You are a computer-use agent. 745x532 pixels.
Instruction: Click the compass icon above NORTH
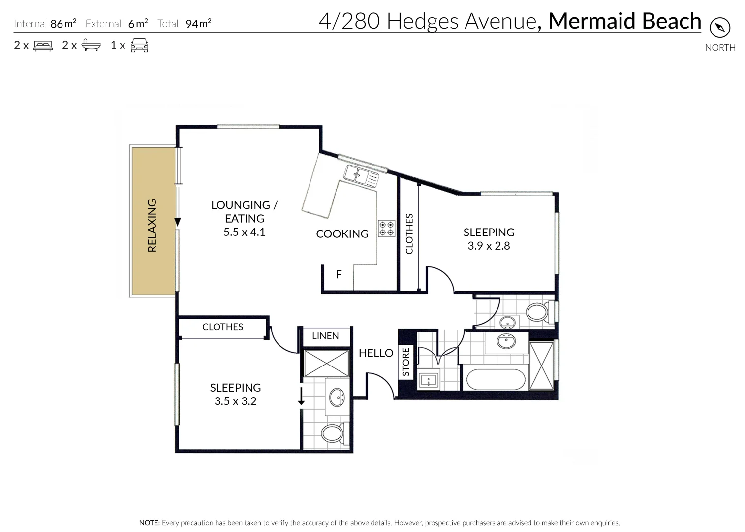click(720, 28)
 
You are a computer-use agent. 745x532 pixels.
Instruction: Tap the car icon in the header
click(139, 45)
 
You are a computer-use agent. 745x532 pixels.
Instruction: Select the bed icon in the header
click(43, 46)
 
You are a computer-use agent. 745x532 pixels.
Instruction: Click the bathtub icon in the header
click(91, 45)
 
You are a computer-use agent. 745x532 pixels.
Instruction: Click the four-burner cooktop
click(386, 229)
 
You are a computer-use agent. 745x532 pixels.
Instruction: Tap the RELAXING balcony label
click(152, 226)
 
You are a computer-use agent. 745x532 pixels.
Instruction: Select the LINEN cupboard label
click(325, 336)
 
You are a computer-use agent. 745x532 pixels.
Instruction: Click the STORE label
click(406, 362)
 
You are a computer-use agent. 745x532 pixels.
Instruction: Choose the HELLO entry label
click(376, 353)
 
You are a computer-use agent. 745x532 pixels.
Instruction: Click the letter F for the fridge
click(339, 275)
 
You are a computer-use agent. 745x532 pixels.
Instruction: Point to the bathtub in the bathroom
click(496, 379)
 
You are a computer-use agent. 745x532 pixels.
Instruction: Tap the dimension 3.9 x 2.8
click(489, 246)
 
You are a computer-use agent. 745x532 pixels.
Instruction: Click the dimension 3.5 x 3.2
click(235, 401)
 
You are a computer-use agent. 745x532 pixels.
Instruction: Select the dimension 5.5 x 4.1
click(244, 232)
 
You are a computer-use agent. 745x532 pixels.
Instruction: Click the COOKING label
click(342, 234)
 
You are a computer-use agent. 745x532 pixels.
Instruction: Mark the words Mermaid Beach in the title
click(624, 21)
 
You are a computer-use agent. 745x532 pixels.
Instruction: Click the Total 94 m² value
click(198, 23)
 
